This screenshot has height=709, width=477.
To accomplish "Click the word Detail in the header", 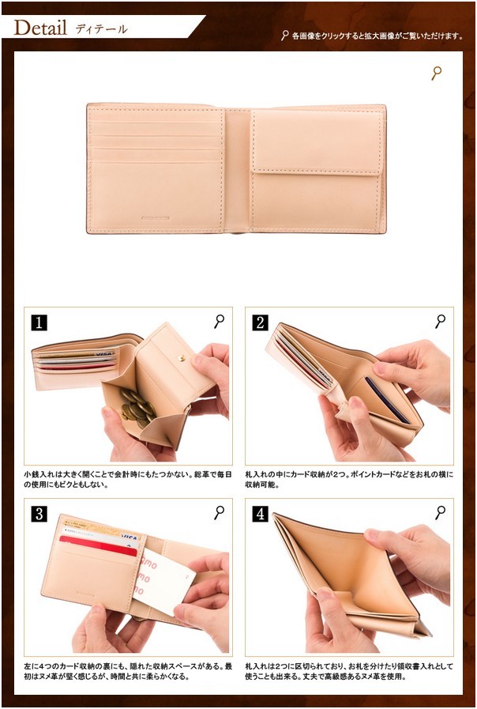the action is [x=40, y=28].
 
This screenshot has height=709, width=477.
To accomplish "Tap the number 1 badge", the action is [x=39, y=322].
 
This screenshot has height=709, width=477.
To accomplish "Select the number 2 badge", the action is [x=260, y=322].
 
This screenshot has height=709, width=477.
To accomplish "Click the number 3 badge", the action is [x=39, y=514].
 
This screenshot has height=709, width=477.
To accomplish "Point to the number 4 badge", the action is [x=260, y=514].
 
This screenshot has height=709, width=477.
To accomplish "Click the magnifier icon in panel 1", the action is [x=219, y=322].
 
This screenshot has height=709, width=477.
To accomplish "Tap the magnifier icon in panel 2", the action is [x=441, y=322].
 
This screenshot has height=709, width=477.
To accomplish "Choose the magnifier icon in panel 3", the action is [x=219, y=513].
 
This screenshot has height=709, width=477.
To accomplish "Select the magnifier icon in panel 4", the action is [x=441, y=513].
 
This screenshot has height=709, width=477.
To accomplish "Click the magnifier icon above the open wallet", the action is [x=437, y=74].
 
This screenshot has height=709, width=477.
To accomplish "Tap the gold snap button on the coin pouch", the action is [x=182, y=358].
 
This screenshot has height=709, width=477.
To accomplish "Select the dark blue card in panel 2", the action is [x=387, y=400].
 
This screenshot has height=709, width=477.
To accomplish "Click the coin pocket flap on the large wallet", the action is [x=317, y=141].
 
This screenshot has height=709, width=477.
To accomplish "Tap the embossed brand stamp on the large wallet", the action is [x=156, y=218].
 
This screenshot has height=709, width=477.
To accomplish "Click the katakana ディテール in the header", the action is [x=101, y=29].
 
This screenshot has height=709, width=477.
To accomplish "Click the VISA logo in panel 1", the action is [x=104, y=353].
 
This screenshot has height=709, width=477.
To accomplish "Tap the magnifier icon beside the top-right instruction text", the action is [x=284, y=36].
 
